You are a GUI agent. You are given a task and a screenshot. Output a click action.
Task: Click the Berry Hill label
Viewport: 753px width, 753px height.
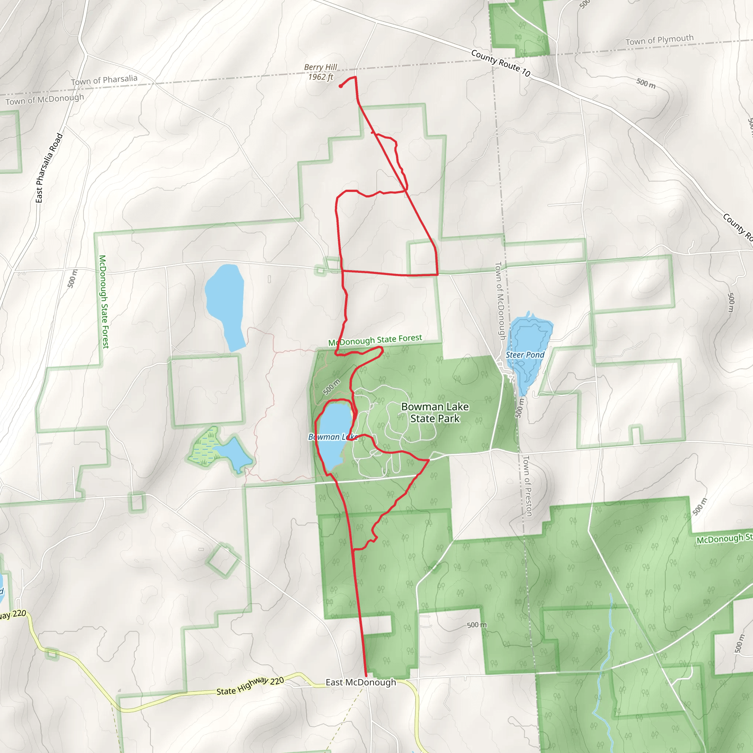coord(320,67)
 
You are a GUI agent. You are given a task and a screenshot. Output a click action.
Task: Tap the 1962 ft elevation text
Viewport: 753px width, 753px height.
coord(320,77)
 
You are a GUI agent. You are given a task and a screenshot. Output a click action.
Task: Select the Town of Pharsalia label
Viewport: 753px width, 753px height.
coord(104,80)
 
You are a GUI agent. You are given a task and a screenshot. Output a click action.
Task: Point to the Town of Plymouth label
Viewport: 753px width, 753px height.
coord(660,40)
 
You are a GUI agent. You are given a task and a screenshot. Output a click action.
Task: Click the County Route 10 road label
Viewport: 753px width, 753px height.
coord(500,63)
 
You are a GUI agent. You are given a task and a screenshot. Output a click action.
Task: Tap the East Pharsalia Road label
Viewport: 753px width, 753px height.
coord(49,168)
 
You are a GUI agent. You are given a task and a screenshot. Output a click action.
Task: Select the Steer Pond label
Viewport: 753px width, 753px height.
coord(525,355)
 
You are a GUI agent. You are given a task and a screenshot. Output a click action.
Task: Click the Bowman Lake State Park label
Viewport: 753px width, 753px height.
coord(435,413)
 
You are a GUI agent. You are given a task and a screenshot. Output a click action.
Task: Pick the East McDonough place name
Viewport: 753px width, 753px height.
coord(361,682)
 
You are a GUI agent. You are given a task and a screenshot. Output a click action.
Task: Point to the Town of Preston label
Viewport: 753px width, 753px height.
coord(527,486)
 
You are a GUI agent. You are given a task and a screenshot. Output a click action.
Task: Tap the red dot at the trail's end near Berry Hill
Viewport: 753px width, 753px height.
coord(340,86)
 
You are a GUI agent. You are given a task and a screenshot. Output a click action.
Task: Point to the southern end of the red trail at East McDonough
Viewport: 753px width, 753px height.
coord(366,675)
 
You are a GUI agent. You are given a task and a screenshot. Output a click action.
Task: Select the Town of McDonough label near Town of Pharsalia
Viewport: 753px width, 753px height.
coord(45,99)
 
